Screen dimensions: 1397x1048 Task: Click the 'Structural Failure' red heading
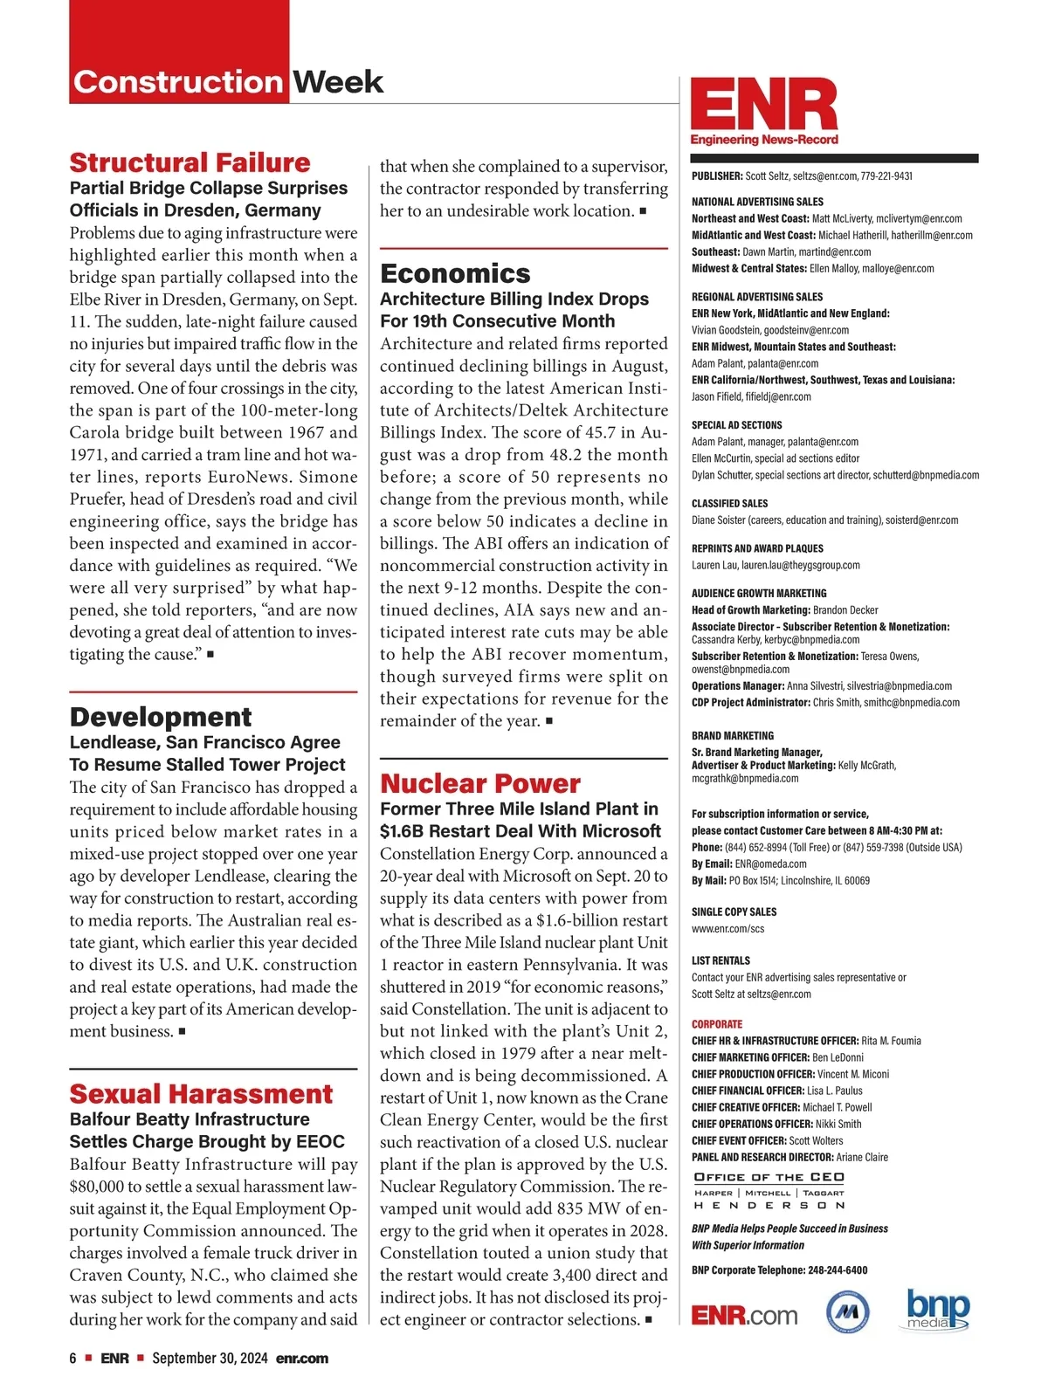(190, 162)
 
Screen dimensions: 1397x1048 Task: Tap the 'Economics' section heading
(455, 273)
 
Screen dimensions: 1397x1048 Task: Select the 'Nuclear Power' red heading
(479, 783)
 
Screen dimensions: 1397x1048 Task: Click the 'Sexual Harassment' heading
(201, 1094)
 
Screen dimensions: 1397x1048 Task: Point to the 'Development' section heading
(161, 717)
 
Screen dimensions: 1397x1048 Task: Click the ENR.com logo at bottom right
(744, 1315)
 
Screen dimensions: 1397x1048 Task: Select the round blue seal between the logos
(847, 1311)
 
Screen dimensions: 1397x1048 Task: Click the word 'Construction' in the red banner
(177, 82)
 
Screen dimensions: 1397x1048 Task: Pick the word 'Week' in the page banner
(338, 82)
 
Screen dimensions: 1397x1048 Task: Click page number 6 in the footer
(73, 1358)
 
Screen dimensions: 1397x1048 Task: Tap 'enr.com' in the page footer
(302, 1358)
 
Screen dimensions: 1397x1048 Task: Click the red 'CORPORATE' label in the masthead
(717, 1024)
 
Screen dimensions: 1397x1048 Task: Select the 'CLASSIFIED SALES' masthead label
(730, 504)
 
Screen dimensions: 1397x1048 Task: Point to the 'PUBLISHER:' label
(717, 175)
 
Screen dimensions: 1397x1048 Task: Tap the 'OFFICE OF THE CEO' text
(769, 1177)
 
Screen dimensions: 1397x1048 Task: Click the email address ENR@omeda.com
(770, 864)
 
